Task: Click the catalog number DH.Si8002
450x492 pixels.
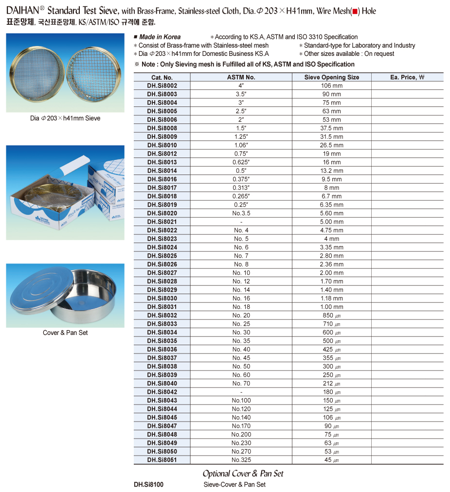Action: (162, 86)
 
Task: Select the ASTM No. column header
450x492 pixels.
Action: (241, 77)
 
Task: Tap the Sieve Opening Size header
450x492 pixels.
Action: (331, 77)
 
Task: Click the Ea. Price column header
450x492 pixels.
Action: (407, 77)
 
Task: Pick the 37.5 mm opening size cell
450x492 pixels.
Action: (331, 128)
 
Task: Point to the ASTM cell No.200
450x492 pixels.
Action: (241, 435)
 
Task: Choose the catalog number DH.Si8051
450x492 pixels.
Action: (162, 460)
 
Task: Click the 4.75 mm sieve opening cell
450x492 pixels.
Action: (331, 230)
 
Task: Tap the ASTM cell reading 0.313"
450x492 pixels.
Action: (241, 188)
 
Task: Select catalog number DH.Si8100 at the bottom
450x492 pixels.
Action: (148, 485)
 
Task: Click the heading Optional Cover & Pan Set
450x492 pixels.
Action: (243, 474)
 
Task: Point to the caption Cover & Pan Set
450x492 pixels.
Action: (65, 333)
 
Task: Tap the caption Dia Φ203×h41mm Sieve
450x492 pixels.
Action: (65, 118)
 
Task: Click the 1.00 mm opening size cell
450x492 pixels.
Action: (331, 307)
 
